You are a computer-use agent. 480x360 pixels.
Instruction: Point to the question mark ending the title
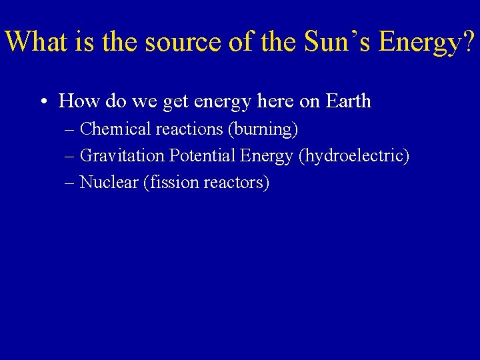point(469,41)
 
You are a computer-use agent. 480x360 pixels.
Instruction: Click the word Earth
point(349,101)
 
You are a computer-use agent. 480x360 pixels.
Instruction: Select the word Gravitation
point(122,156)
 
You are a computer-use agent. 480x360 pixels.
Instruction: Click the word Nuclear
point(109,183)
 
